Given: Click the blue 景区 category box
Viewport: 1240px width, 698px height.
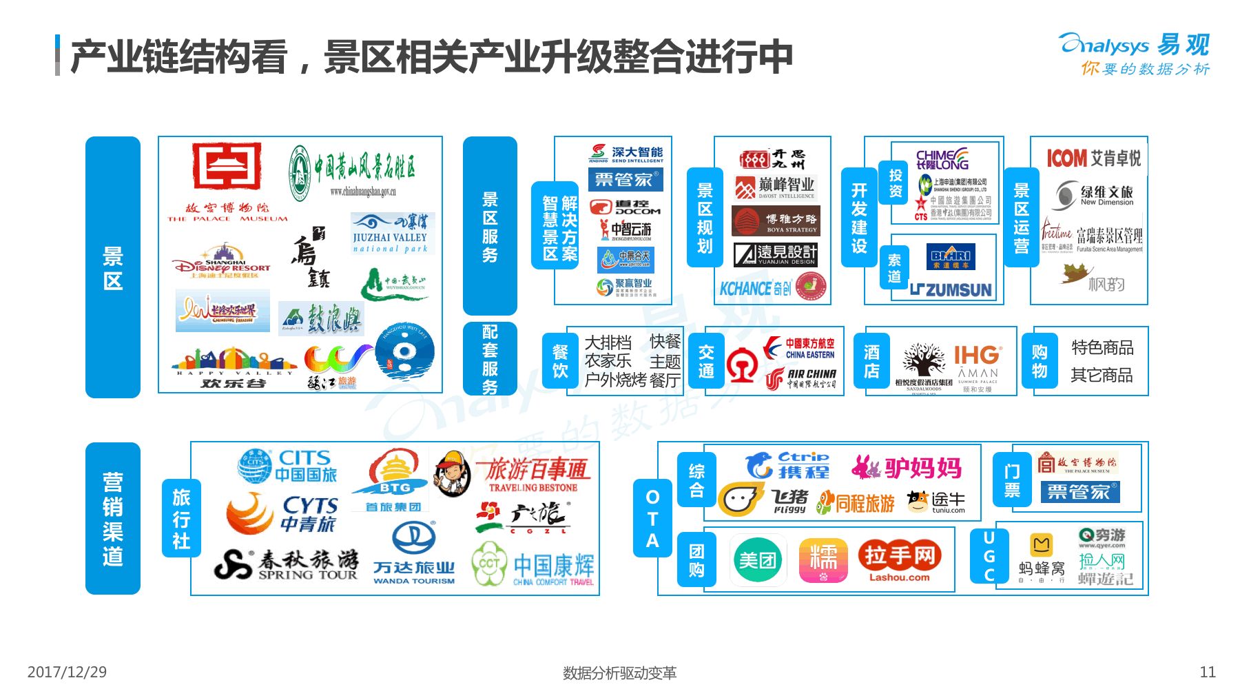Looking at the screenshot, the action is pyautogui.click(x=113, y=267).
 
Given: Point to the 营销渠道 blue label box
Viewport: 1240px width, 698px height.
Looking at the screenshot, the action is pyautogui.click(x=113, y=518).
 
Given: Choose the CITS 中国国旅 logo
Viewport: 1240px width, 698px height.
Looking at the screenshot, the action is pyautogui.click(x=287, y=466).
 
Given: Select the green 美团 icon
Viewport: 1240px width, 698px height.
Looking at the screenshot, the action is pyautogui.click(x=757, y=560).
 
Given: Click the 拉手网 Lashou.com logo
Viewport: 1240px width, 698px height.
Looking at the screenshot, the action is pyautogui.click(x=899, y=560).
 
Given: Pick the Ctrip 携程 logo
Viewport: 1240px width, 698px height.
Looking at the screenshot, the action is pyautogui.click(x=789, y=465).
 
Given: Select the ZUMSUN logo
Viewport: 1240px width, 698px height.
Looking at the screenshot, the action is pyautogui.click(x=951, y=290).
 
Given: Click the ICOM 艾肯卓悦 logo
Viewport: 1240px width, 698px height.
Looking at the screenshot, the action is pyautogui.click(x=1093, y=158).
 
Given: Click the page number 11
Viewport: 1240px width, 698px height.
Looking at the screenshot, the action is pyautogui.click(x=1208, y=672).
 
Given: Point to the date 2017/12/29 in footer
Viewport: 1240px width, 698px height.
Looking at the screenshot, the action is pyautogui.click(x=67, y=672).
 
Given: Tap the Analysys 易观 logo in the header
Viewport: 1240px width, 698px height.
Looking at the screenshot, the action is pyautogui.click(x=1134, y=45).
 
